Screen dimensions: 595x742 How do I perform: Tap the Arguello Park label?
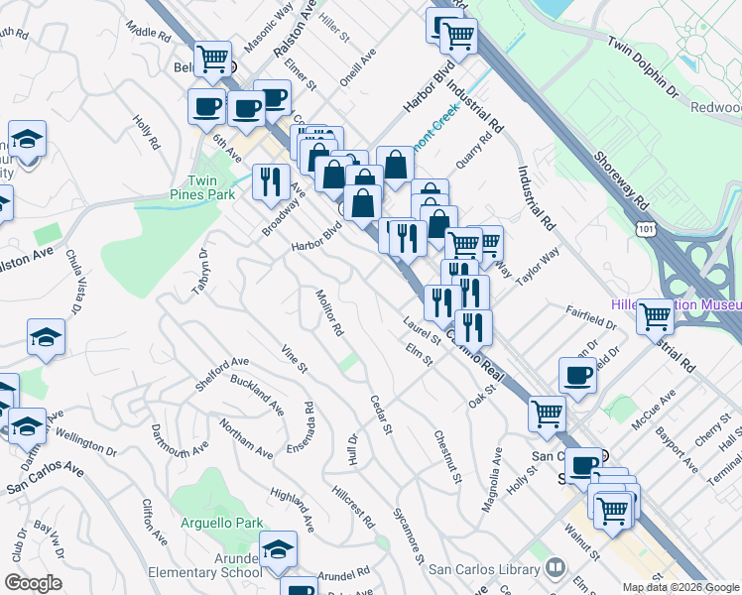coord(224,522)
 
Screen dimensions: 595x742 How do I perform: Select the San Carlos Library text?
coord(484,569)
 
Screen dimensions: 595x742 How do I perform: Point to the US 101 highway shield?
coord(645,228)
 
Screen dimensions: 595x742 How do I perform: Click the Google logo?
coord(33,583)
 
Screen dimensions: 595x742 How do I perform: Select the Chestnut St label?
coord(447,457)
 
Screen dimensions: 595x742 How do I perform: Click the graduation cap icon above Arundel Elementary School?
coord(279,548)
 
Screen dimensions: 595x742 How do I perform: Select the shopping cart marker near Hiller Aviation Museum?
coord(655,316)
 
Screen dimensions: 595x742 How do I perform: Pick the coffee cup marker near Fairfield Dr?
coord(577,375)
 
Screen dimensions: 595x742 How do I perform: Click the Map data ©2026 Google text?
coord(680,587)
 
